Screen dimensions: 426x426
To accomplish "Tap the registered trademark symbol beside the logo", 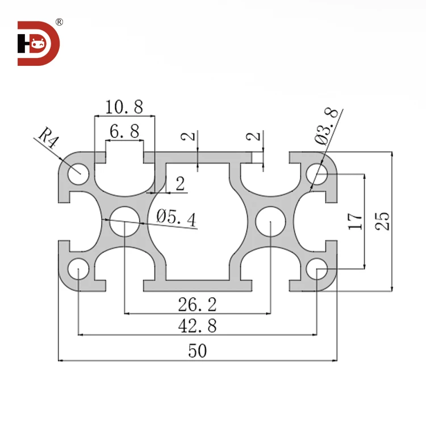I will click(60, 22).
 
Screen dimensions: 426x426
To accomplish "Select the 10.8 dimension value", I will click(124, 106).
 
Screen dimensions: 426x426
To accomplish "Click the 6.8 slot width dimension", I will click(124, 132).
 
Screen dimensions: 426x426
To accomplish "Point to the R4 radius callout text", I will click(49, 138).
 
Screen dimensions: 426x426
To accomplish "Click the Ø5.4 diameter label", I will click(177, 218).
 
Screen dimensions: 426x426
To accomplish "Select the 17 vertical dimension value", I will click(354, 221).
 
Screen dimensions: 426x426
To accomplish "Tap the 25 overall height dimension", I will click(383, 221).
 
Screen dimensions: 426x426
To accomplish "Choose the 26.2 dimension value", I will click(197, 305).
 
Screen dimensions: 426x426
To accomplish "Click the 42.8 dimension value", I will click(197, 326).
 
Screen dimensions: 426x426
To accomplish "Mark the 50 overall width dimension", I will click(197, 352).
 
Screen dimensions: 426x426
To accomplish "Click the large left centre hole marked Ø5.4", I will click(124, 221).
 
